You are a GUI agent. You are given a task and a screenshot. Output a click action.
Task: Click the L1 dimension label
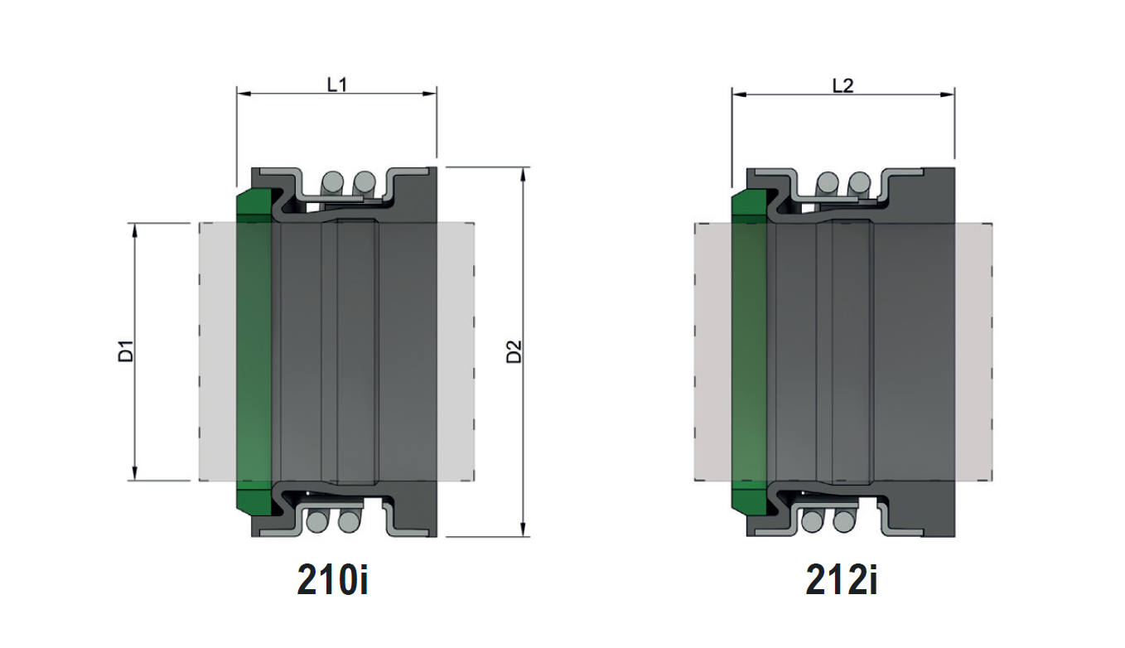point(336,85)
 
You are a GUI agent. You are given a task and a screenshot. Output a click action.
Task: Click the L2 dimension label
point(842,85)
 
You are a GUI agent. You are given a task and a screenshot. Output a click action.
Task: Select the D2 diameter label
point(515,351)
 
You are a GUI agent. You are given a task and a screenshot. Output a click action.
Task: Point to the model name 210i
point(332,581)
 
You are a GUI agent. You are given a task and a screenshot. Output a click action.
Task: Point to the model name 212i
point(841,581)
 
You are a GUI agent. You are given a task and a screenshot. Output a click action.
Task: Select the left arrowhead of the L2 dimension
point(736,95)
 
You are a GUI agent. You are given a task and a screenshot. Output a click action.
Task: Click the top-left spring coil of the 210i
point(332,181)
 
